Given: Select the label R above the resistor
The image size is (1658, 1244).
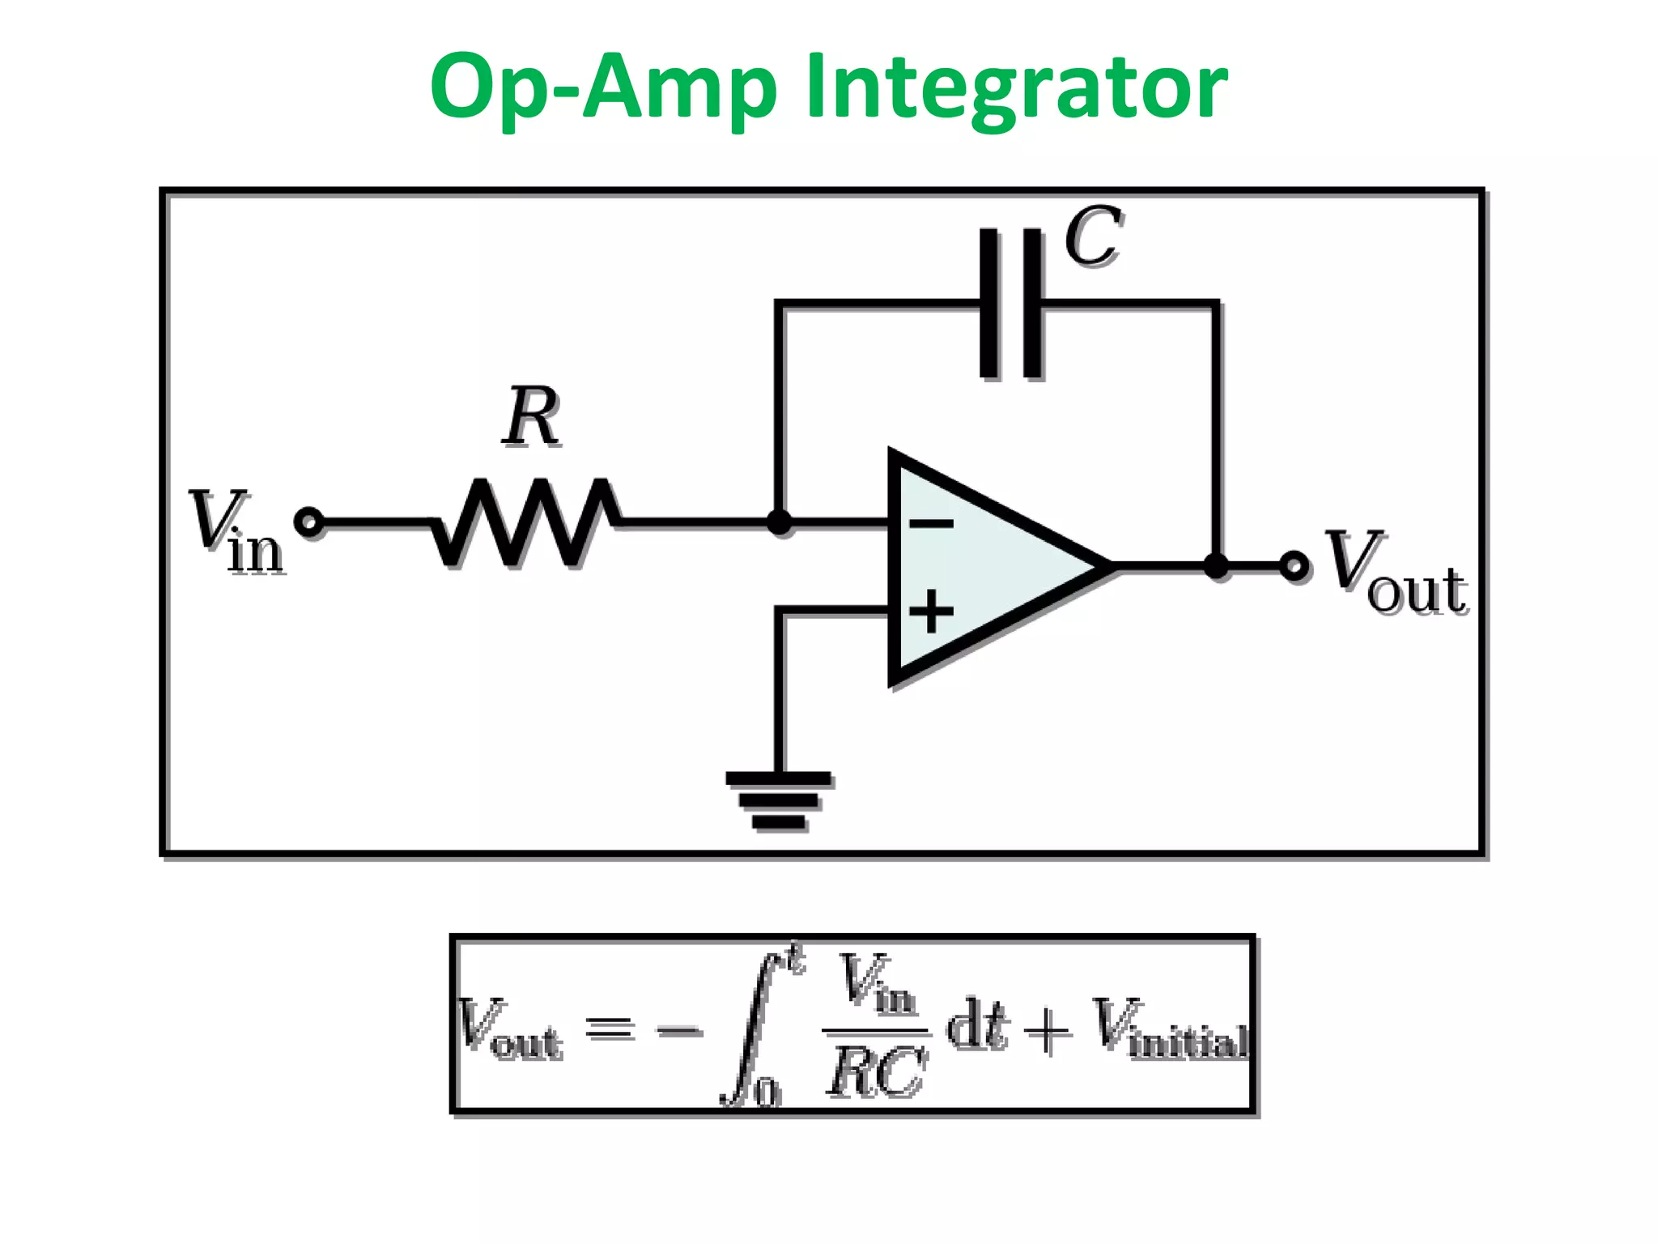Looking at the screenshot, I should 530,417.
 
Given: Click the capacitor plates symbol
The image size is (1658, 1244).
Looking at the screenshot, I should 1010,304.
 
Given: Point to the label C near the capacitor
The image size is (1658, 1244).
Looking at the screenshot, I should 1093,236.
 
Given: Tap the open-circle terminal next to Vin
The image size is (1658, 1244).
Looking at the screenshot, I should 309,522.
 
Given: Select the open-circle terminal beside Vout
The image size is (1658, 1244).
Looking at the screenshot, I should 1294,565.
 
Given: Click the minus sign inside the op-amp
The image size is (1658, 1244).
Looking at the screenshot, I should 931,524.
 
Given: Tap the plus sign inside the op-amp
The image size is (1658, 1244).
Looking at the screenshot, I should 931,611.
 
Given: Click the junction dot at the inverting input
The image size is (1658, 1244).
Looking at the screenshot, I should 779,522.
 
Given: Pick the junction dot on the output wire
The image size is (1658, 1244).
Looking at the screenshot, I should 1216,565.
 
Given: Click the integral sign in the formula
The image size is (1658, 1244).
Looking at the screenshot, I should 753,1027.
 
